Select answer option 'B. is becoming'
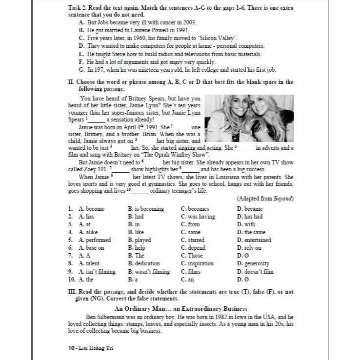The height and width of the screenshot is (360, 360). (x=146, y=209)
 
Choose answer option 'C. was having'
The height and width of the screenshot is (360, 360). (x=198, y=217)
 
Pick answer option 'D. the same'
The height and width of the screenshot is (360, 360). (x=251, y=232)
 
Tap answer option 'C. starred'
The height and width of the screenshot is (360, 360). (x=193, y=240)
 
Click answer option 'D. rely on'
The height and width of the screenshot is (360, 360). (x=249, y=248)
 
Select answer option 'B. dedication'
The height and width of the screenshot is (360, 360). (x=144, y=263)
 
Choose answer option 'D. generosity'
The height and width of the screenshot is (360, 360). (x=254, y=263)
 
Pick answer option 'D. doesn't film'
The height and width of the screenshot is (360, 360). (x=255, y=272)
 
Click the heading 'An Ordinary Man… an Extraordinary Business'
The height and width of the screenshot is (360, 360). (x=180, y=309)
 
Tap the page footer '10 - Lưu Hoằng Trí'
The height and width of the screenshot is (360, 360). (x=92, y=348)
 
